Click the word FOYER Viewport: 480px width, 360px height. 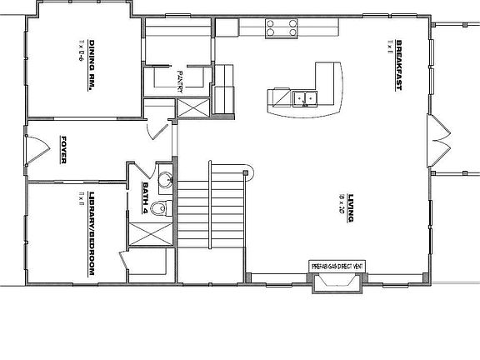click(x=62, y=149)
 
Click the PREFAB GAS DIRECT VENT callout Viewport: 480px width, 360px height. click(x=337, y=266)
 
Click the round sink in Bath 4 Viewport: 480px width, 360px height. click(x=165, y=179)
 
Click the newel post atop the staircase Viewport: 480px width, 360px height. click(x=247, y=172)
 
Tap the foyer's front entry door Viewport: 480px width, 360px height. click(x=36, y=150)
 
